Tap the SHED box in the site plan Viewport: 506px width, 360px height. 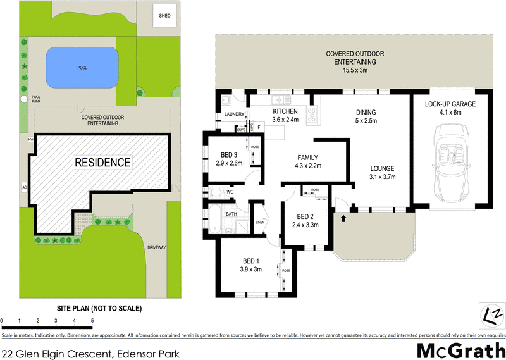pyautogui.click(x=165, y=15)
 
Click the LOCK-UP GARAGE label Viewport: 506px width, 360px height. pyautogui.click(x=450, y=104)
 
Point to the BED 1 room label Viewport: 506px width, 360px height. pyautogui.click(x=250, y=262)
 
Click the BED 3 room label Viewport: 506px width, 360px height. pyautogui.click(x=229, y=155)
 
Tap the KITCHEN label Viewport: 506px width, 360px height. pyautogui.click(x=285, y=110)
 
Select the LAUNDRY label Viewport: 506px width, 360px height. pyautogui.click(x=233, y=115)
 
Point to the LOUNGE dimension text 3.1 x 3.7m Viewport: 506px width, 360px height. pyautogui.click(x=383, y=177)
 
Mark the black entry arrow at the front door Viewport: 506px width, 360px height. pyautogui.click(x=344, y=218)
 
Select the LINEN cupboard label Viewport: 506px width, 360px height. pyautogui.click(x=259, y=221)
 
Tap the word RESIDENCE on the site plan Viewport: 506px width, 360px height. pyautogui.click(x=102, y=163)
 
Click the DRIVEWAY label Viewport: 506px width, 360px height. pyautogui.click(x=156, y=247)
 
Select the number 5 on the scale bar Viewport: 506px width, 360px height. pyautogui.click(x=92, y=321)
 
